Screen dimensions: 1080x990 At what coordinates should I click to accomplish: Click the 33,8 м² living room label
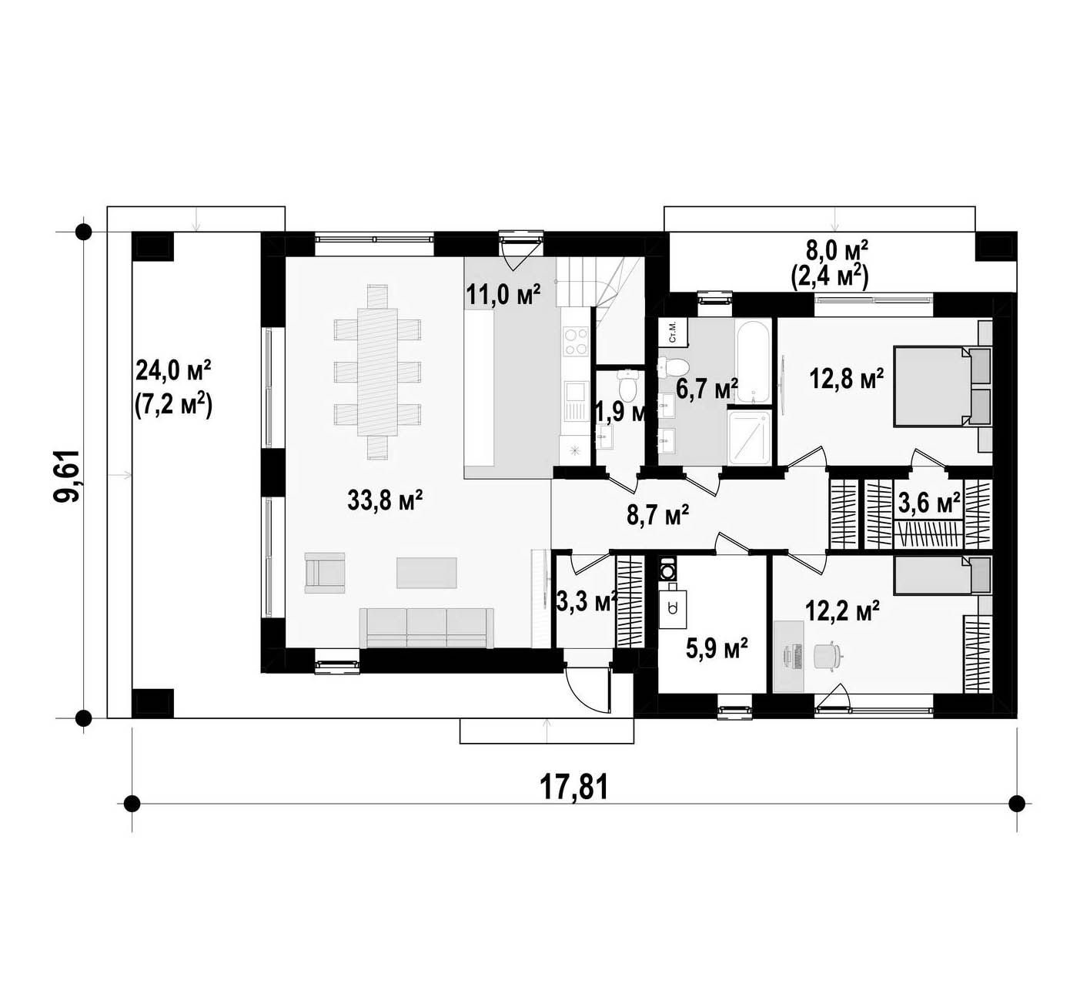(x=384, y=500)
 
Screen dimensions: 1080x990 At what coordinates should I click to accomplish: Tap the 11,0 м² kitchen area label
(x=503, y=294)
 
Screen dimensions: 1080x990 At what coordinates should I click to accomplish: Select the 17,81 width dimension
(x=574, y=788)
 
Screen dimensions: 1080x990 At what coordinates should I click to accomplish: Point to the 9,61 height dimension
(x=69, y=476)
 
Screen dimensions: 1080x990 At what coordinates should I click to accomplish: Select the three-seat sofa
(x=426, y=627)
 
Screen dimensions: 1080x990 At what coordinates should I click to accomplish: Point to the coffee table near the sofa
(x=427, y=573)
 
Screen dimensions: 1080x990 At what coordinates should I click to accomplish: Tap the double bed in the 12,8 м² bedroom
(x=942, y=386)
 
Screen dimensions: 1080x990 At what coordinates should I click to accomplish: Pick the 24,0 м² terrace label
(x=173, y=370)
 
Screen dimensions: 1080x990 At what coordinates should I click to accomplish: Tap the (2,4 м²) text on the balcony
(x=830, y=278)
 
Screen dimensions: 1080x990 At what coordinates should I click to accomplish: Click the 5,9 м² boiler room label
(x=717, y=649)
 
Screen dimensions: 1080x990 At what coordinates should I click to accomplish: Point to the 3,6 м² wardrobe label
(x=929, y=503)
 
